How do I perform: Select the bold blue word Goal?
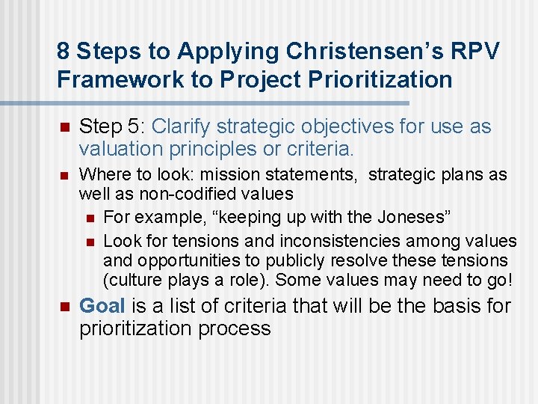click(x=102, y=306)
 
